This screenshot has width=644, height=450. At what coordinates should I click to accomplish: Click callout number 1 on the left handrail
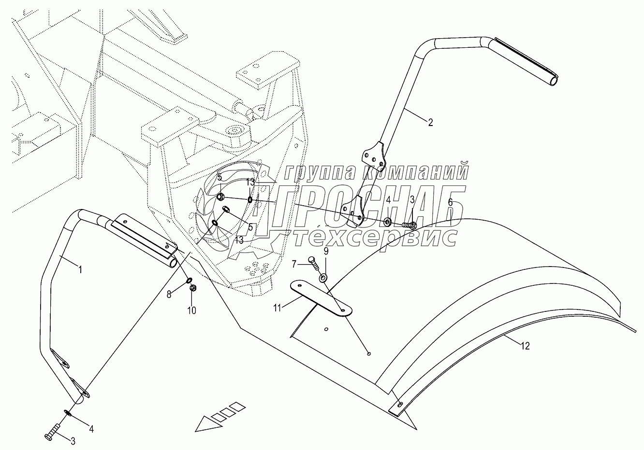[80, 270]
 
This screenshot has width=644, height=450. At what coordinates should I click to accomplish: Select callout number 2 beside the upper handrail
[430, 122]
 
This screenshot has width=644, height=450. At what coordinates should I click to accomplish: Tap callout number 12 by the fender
[526, 346]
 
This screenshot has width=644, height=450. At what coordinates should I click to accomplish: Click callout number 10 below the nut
[192, 310]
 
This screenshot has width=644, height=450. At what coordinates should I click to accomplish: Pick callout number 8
[169, 294]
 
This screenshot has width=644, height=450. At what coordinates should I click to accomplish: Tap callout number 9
[326, 251]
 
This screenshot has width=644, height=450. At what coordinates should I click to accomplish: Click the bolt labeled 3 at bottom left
[52, 432]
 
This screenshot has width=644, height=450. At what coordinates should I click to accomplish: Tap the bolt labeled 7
[312, 262]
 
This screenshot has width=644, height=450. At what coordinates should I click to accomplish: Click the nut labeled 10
[192, 289]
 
